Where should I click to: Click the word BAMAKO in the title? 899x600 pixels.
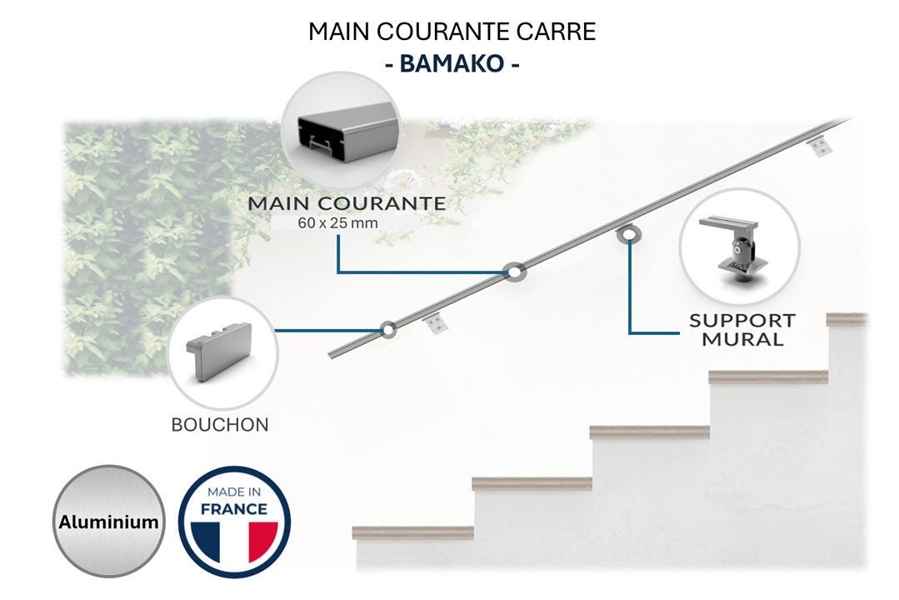[x=452, y=64]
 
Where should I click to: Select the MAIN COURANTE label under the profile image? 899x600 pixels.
[x=346, y=203]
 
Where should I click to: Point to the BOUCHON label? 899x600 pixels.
[x=220, y=425]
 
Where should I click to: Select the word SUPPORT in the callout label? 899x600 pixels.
[x=742, y=321]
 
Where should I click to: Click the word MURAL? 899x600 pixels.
[x=742, y=339]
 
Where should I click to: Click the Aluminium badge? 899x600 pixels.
[x=108, y=522]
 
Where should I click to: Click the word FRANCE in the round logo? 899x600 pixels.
[x=234, y=508]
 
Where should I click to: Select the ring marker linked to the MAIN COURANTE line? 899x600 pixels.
[x=514, y=272]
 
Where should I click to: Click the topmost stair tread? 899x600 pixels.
[x=846, y=319]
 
